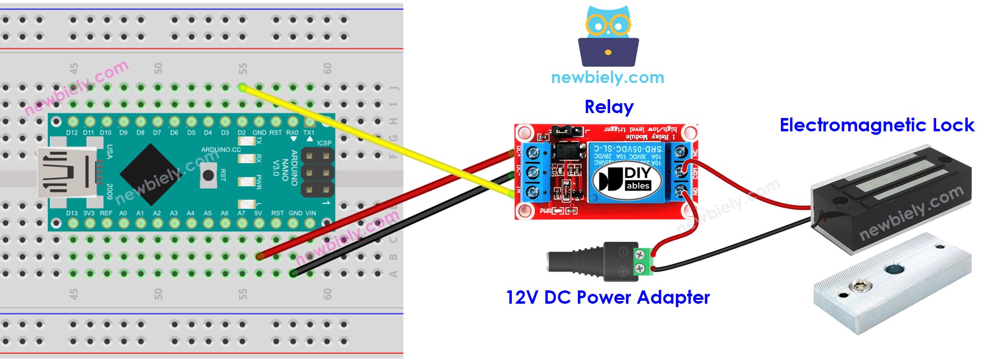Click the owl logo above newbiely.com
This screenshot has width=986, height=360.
pyautogui.click(x=608, y=37)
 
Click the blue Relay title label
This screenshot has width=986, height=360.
pyautogui.click(x=609, y=107)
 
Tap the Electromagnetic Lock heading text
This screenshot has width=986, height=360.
pyautogui.click(x=876, y=125)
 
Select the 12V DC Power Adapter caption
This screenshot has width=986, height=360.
pyautogui.click(x=608, y=297)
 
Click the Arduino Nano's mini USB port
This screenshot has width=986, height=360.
pyautogui.click(x=64, y=173)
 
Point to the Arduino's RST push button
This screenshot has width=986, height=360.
pyautogui.click(x=208, y=175)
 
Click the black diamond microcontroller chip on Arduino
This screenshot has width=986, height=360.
pyautogui.click(x=150, y=174)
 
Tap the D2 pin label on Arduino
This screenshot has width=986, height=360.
pyautogui.click(x=242, y=132)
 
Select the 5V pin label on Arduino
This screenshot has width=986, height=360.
pyautogui.click(x=258, y=213)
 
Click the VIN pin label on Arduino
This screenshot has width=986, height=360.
pyautogui.click(x=310, y=213)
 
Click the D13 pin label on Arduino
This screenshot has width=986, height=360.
pyautogui.click(x=72, y=213)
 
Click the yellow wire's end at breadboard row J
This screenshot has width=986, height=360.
pyautogui.click(x=243, y=88)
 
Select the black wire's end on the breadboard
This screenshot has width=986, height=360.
pyautogui.click(x=293, y=273)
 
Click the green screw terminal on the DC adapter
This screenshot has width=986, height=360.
pyautogui.click(x=641, y=262)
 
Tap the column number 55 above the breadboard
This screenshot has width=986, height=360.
pyautogui.click(x=243, y=69)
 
